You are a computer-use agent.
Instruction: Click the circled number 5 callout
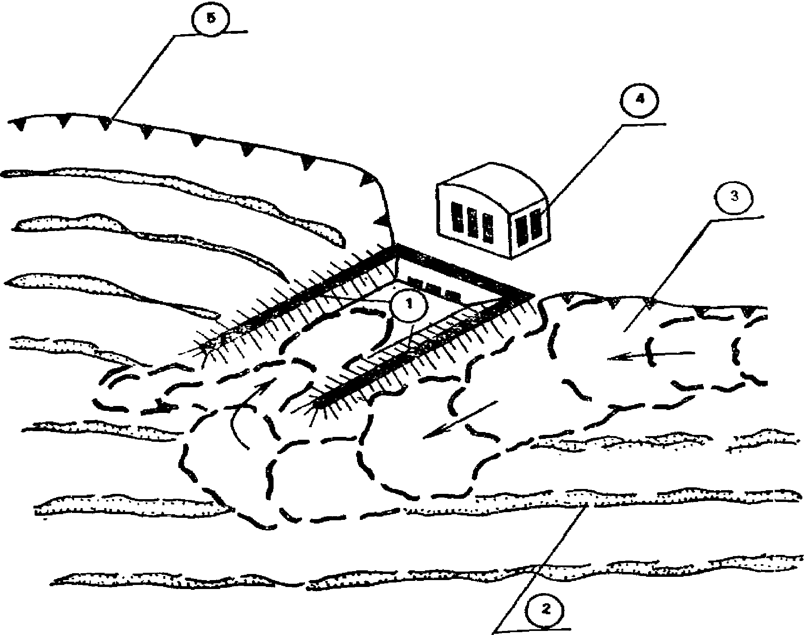coord(210,19)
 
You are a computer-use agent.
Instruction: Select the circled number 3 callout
coord(734,196)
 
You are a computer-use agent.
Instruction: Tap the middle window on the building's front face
coord(472,222)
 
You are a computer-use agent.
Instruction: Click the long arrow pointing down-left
coord(460,419)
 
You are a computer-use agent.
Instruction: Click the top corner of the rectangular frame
coord(396,247)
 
